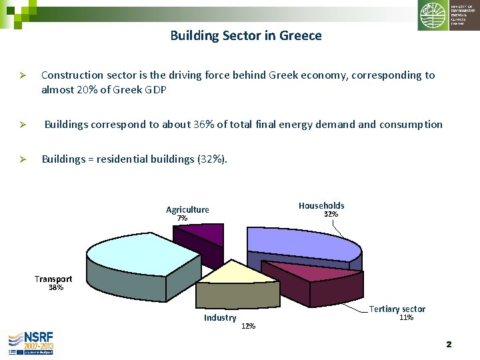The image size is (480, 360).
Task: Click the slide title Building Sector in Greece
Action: pyautogui.click(x=245, y=35)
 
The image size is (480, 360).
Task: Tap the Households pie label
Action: pyautogui.click(x=321, y=205)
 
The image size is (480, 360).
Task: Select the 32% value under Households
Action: pyautogui.click(x=331, y=215)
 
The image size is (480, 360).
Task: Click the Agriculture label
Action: pyautogui.click(x=187, y=209)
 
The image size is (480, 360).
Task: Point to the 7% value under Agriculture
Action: pyautogui.click(x=182, y=219)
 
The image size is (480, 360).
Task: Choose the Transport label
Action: pyautogui.click(x=53, y=279)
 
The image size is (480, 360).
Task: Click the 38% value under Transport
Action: pyautogui.click(x=56, y=288)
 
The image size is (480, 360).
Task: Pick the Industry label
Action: pyautogui.click(x=220, y=318)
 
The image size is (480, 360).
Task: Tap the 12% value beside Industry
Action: pyautogui.click(x=248, y=326)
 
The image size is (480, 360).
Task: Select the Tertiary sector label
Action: pyautogui.click(x=397, y=309)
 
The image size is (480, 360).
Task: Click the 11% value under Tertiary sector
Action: pyautogui.click(x=406, y=318)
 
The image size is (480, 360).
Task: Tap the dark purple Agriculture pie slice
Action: pyautogui.click(x=201, y=233)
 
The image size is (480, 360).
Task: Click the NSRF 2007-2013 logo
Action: pyautogui.click(x=31, y=343)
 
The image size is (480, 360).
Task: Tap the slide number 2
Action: pyautogui.click(x=449, y=344)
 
